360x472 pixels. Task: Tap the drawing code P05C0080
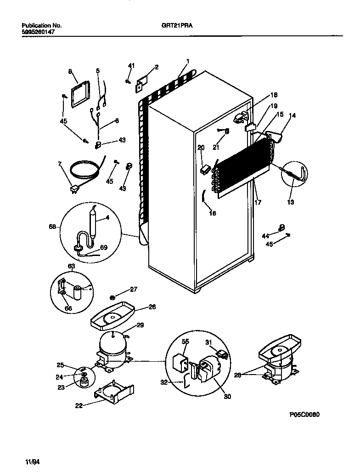coord(304,414)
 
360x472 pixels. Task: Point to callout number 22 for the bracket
coord(79,405)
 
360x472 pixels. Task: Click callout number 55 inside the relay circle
coord(185,341)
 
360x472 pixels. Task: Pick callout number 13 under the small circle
coord(291,202)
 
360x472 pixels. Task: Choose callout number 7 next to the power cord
coord(60,164)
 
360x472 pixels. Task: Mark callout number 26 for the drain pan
coord(152,307)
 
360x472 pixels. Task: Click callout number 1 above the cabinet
coord(188,61)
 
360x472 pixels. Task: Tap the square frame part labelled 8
coord(82,93)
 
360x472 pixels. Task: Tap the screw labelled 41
coord(126,81)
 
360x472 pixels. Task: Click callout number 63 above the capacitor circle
coord(72,266)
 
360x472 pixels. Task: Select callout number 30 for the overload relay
coord(227,396)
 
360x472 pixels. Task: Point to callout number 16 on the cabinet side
coord(212,213)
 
